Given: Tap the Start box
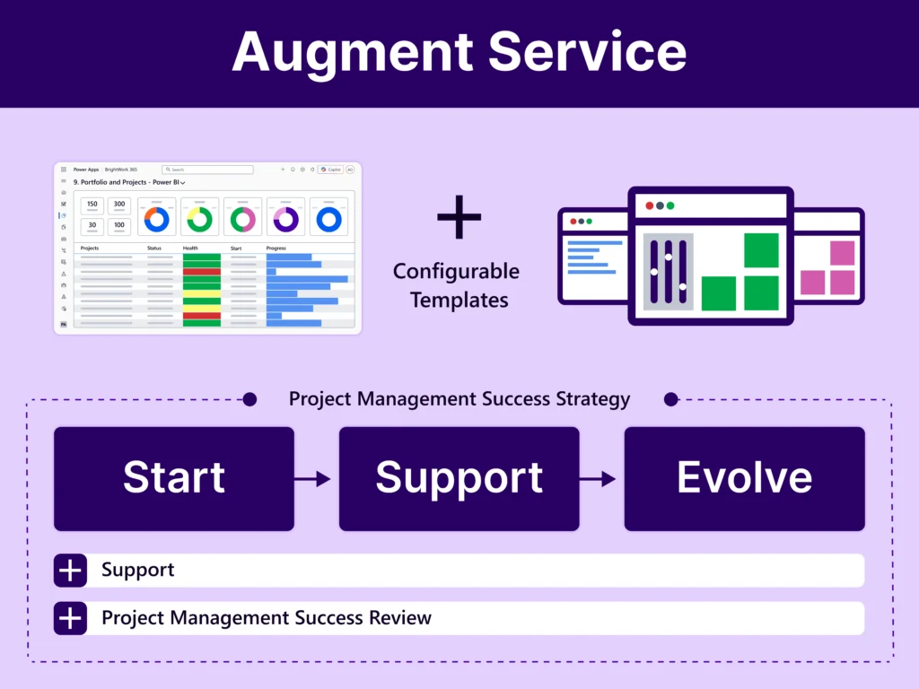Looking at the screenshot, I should click(x=174, y=478).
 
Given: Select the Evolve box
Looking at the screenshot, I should click(x=744, y=478).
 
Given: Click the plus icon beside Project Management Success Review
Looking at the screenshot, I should click(x=70, y=618).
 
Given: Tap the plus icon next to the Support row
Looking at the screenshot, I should click(x=70, y=571).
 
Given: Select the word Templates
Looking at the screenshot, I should click(x=459, y=300).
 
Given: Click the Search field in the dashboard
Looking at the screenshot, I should click(x=207, y=169).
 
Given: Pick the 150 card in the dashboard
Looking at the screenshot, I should click(x=92, y=205).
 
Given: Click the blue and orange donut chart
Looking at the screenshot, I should click(x=157, y=218).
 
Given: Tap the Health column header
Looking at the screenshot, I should click(x=191, y=249).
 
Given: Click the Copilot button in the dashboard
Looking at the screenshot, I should click(x=331, y=169).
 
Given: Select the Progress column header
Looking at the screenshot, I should click(x=276, y=249).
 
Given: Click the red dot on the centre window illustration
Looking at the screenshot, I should click(x=649, y=205).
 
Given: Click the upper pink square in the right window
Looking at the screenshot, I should click(x=842, y=253).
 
